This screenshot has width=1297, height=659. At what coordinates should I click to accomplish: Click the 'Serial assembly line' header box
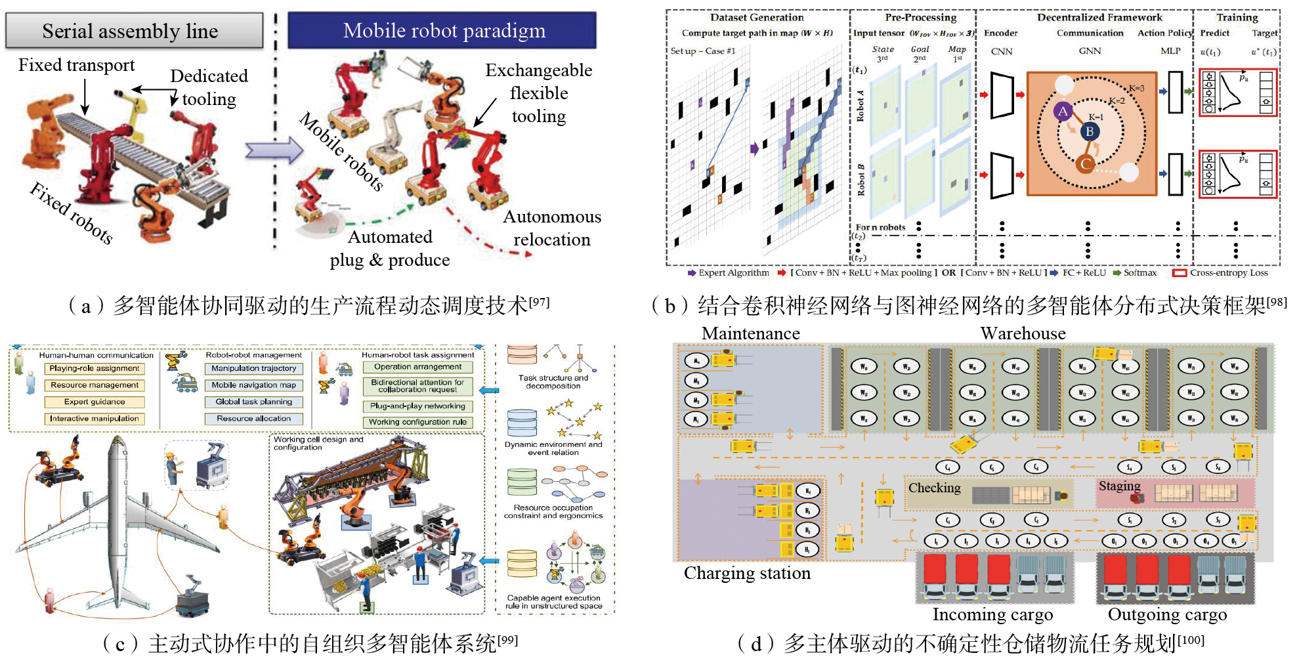click(134, 31)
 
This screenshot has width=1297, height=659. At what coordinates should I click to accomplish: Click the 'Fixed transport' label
click(76, 65)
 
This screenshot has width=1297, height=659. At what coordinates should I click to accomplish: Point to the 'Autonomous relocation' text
click(551, 228)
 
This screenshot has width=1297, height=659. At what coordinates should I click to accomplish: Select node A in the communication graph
click(1063, 111)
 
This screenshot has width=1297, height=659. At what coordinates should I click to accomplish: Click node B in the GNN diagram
click(1090, 131)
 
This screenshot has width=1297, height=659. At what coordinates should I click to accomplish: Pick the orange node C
click(1086, 164)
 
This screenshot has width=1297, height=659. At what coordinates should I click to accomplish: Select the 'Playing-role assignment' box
click(95, 369)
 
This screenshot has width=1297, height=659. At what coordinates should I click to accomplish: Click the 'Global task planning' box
click(253, 402)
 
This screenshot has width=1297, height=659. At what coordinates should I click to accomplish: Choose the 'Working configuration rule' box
click(417, 422)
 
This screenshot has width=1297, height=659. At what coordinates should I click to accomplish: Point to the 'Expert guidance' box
click(95, 402)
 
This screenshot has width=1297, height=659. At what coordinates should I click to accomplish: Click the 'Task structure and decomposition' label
click(553, 381)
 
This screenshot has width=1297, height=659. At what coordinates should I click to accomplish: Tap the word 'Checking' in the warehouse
click(934, 488)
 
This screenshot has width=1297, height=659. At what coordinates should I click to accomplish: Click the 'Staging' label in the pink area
click(1119, 486)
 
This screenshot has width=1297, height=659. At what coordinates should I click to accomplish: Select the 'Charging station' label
click(747, 573)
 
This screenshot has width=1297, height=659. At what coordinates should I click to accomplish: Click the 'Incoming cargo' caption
click(992, 615)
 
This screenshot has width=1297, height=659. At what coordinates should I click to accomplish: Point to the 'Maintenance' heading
click(750, 333)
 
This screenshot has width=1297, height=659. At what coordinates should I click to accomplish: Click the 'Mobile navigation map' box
click(253, 385)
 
